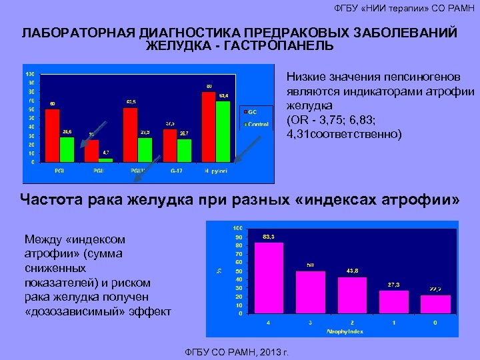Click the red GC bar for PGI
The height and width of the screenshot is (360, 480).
[x=52, y=135]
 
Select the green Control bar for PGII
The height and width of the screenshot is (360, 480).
[x=105, y=159]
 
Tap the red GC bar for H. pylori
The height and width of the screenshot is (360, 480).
[x=209, y=127]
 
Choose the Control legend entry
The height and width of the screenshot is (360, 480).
[x=257, y=125]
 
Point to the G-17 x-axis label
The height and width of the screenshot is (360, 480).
[x=177, y=171]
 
